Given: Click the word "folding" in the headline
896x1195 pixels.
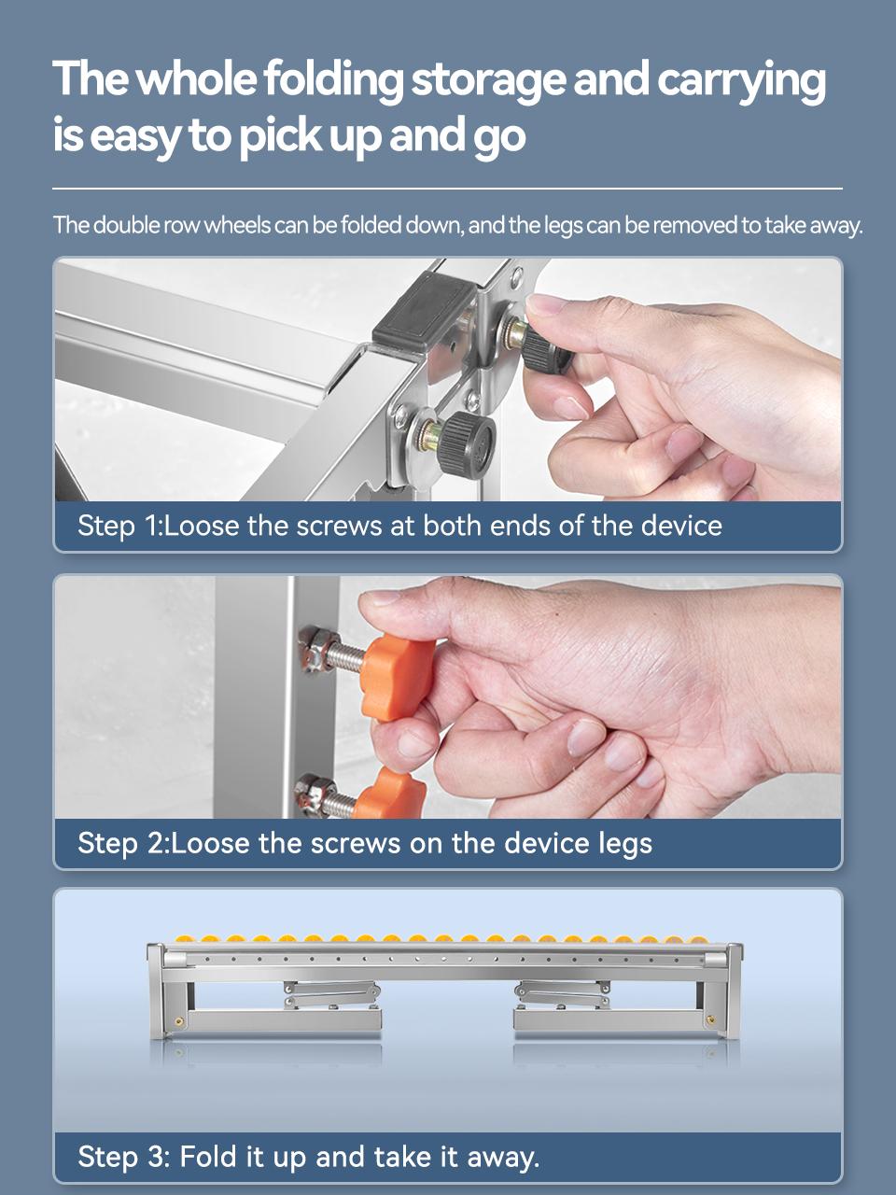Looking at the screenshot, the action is [x=334, y=80].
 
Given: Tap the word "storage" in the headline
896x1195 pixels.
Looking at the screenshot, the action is [x=488, y=81].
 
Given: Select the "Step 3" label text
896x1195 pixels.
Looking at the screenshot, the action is [x=123, y=1157].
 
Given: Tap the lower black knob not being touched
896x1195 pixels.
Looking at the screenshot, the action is [x=467, y=445].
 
